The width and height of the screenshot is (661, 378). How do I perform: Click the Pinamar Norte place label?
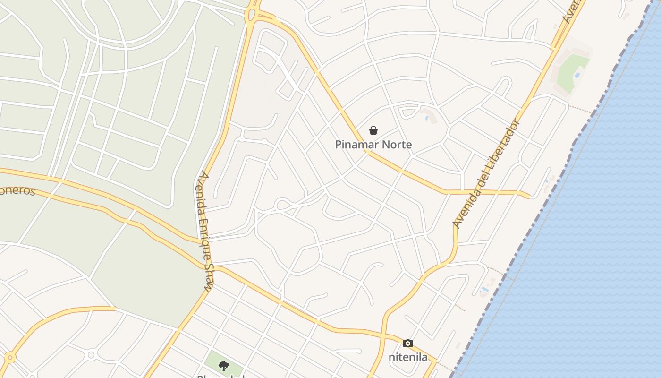click(x=373, y=145)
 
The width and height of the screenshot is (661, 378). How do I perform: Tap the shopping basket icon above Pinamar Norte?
click(x=373, y=130)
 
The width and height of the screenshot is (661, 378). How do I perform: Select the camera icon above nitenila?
click(x=408, y=344)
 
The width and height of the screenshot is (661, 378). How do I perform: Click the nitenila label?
click(x=408, y=357)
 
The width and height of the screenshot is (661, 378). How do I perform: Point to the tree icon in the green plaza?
click(x=224, y=366)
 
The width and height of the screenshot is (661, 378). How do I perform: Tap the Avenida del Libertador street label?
click(x=486, y=173)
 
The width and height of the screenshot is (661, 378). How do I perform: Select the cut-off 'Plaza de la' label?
click(x=223, y=376)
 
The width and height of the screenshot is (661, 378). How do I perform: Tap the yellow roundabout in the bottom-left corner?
click(x=9, y=358)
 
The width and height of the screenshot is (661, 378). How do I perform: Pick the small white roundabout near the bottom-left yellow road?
click(x=91, y=354)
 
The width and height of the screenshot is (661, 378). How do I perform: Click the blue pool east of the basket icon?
click(x=427, y=118)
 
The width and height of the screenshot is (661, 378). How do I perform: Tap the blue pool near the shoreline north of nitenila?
click(x=483, y=289)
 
